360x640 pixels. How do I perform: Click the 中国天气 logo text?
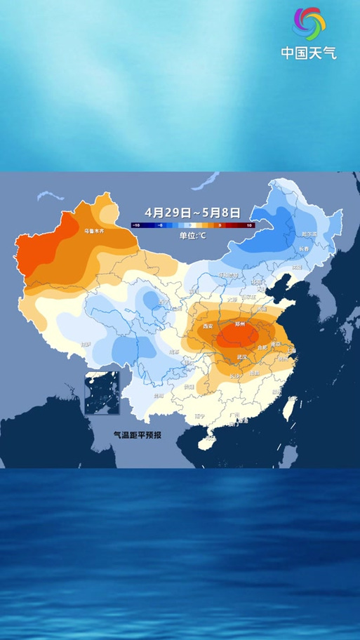click(309, 53)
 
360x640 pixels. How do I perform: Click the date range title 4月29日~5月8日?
click(192, 212)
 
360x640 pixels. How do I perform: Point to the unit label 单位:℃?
click(192, 235)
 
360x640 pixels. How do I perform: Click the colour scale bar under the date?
click(192, 225)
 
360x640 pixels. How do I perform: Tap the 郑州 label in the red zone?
click(239, 324)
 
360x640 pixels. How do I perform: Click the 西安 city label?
click(207, 326)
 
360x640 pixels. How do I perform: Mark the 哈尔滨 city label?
click(309, 234)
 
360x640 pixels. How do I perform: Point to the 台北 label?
click(292, 399)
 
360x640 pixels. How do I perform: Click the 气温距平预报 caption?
click(138, 435)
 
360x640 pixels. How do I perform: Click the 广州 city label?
click(234, 415)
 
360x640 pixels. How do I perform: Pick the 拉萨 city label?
click(86, 345)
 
